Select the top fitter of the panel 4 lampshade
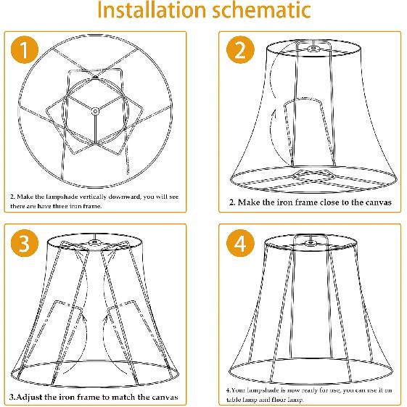pyautogui.click(x=311, y=241)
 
